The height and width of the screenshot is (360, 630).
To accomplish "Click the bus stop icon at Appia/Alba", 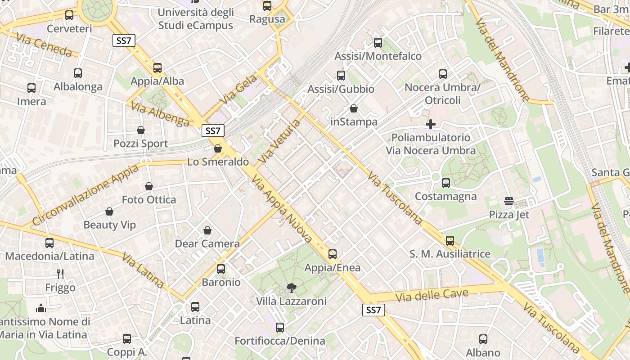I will tap(157, 68).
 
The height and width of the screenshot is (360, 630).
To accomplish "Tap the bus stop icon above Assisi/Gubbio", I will tap(341, 76).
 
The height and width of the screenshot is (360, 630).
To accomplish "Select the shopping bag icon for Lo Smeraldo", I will tap(218, 148).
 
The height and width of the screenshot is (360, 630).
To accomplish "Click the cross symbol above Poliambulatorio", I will tap(431, 124).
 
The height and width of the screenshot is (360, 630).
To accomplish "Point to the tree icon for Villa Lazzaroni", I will tap(292, 288).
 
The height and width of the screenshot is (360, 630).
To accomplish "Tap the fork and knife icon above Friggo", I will tap(60, 274).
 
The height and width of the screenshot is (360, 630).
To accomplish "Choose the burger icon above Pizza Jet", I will tap(509, 201).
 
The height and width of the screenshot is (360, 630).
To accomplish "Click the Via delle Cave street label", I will tap(432, 296).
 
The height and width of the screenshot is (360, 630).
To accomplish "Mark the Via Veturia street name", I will tap(279, 141).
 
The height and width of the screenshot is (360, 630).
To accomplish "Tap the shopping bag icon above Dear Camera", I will tap(207, 230).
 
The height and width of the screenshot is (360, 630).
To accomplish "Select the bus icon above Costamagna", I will tap(446, 183).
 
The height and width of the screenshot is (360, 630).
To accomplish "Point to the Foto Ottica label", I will tap(149, 199).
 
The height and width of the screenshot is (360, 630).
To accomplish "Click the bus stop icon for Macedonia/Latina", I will tap(49, 243).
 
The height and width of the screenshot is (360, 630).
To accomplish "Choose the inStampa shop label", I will tap(354, 121).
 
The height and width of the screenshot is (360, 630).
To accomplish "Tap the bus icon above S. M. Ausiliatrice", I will tap(450, 241).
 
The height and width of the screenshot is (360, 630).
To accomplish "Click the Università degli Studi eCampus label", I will tap(196, 18).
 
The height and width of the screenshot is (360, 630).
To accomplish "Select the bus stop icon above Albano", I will tap(483, 339).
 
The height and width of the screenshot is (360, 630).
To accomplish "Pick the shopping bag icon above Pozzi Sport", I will tap(141, 130).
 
